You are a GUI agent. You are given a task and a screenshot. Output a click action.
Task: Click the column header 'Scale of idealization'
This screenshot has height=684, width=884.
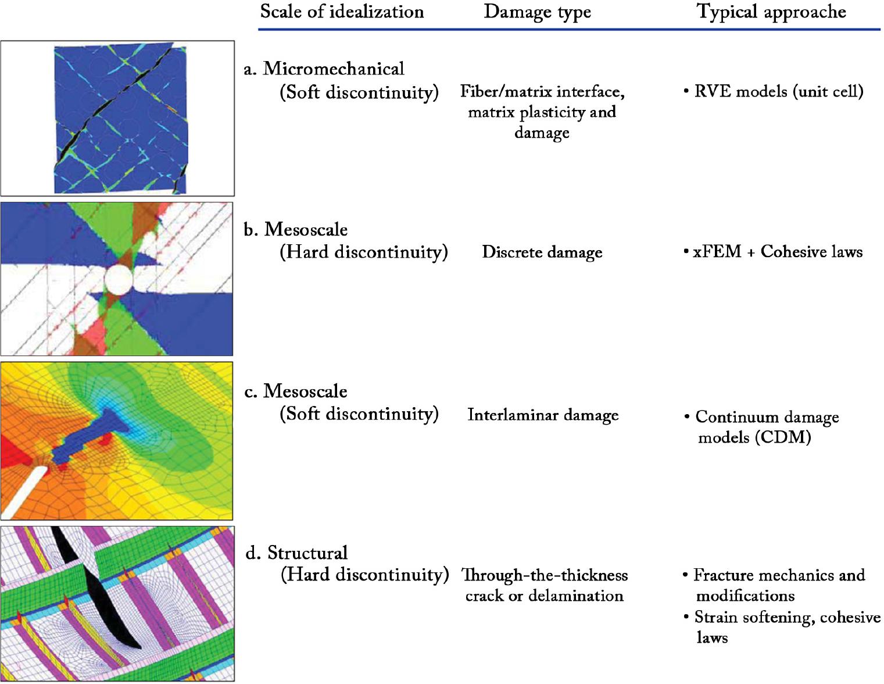[x=342, y=12]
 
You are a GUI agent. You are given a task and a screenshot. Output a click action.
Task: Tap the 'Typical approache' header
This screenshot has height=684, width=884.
[x=771, y=12]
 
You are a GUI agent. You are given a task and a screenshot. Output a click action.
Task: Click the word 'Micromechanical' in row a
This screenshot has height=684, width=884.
[x=334, y=69]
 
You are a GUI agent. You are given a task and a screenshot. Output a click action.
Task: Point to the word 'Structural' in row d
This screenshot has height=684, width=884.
[x=307, y=553]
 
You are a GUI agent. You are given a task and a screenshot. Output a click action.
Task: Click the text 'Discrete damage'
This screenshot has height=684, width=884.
[x=542, y=252]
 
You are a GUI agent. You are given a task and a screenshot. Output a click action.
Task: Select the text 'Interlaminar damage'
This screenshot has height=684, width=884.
[x=543, y=415]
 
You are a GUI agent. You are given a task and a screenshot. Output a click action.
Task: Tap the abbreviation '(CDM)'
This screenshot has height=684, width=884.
[x=783, y=437]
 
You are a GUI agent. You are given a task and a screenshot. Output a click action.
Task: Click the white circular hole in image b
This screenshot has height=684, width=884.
[x=119, y=280]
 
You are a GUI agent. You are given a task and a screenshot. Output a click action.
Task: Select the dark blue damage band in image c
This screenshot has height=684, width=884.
[x=90, y=437]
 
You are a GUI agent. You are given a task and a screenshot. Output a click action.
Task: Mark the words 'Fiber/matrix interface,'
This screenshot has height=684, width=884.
[x=542, y=92]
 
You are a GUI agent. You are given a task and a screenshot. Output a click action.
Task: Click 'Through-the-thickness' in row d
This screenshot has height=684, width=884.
[x=545, y=575]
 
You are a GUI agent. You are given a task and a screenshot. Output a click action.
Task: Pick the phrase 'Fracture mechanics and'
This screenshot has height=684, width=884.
[x=779, y=575]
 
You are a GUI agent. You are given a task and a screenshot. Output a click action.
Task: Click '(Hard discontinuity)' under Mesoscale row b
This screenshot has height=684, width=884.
[x=364, y=252]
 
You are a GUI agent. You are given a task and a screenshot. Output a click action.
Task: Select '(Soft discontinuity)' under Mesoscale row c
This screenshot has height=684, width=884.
[x=359, y=414]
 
